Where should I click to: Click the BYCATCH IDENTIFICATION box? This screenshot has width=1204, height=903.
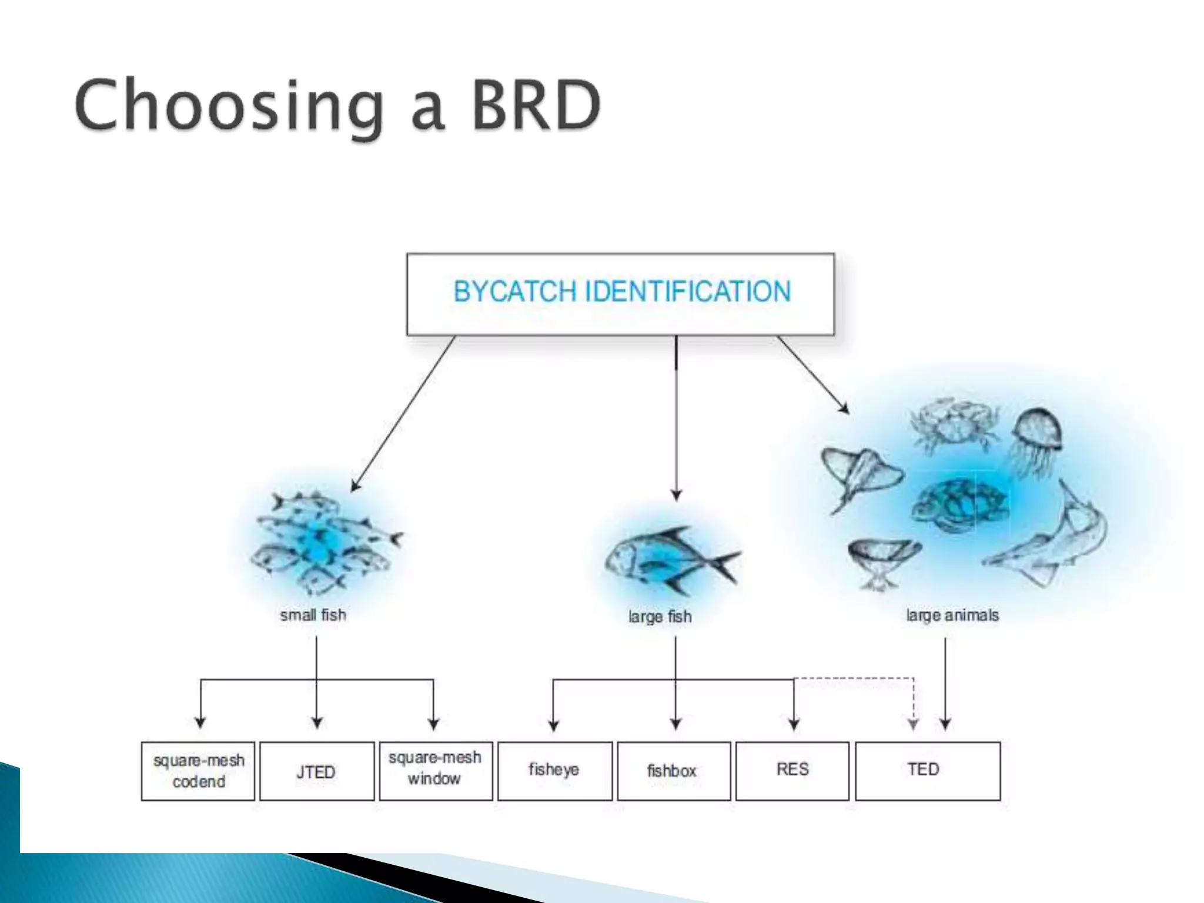(620, 294)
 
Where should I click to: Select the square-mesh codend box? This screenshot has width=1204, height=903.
(198, 771)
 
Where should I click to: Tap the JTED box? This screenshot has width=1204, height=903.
(316, 771)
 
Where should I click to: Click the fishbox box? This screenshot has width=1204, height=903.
(673, 771)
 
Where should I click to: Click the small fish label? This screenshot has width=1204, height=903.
(313, 615)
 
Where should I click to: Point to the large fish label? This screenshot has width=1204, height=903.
(660, 617)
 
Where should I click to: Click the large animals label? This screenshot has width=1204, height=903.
(952, 616)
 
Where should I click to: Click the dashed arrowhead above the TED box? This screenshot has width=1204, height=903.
(913, 724)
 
